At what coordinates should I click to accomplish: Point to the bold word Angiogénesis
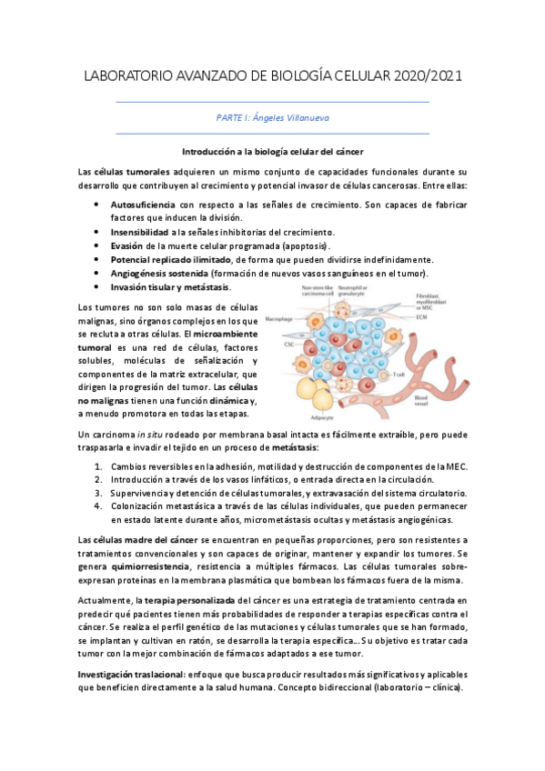coord(140,274)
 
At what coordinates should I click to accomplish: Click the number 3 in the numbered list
coord(100,493)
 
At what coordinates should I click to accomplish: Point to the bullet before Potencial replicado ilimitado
coord(96,260)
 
